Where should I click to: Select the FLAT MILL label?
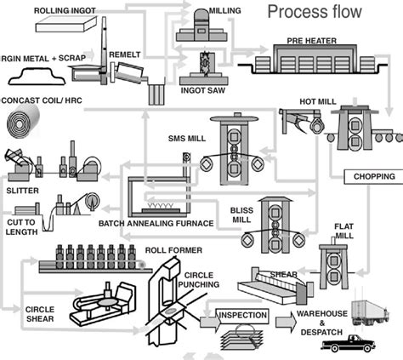[x=343, y=231]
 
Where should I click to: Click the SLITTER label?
[x=23, y=190]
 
